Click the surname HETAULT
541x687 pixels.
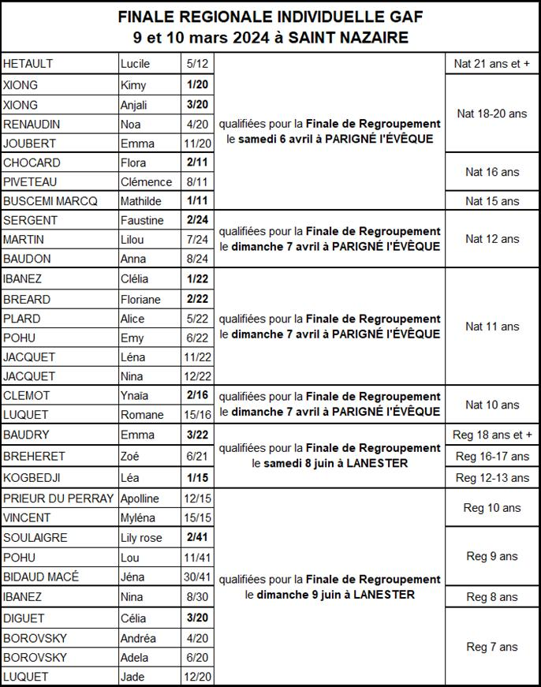[28, 64]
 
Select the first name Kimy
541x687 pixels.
[133, 85]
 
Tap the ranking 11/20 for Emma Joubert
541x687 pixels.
[196, 144]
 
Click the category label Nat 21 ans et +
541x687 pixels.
[492, 63]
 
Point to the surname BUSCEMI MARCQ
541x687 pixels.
[50, 201]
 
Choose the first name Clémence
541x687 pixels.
[146, 182]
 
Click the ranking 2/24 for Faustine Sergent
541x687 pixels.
[196, 220]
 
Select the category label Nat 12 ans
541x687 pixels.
[492, 239]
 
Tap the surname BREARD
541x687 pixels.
[27, 299]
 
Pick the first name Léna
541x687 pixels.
[132, 357]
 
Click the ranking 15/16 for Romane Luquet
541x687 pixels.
[196, 415]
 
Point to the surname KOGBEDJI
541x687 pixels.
[32, 478]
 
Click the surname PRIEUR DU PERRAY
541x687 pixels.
[59, 498]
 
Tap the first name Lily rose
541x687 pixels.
[141, 538]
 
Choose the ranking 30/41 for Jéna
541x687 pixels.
[196, 577]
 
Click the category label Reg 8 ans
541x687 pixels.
[492, 597]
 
